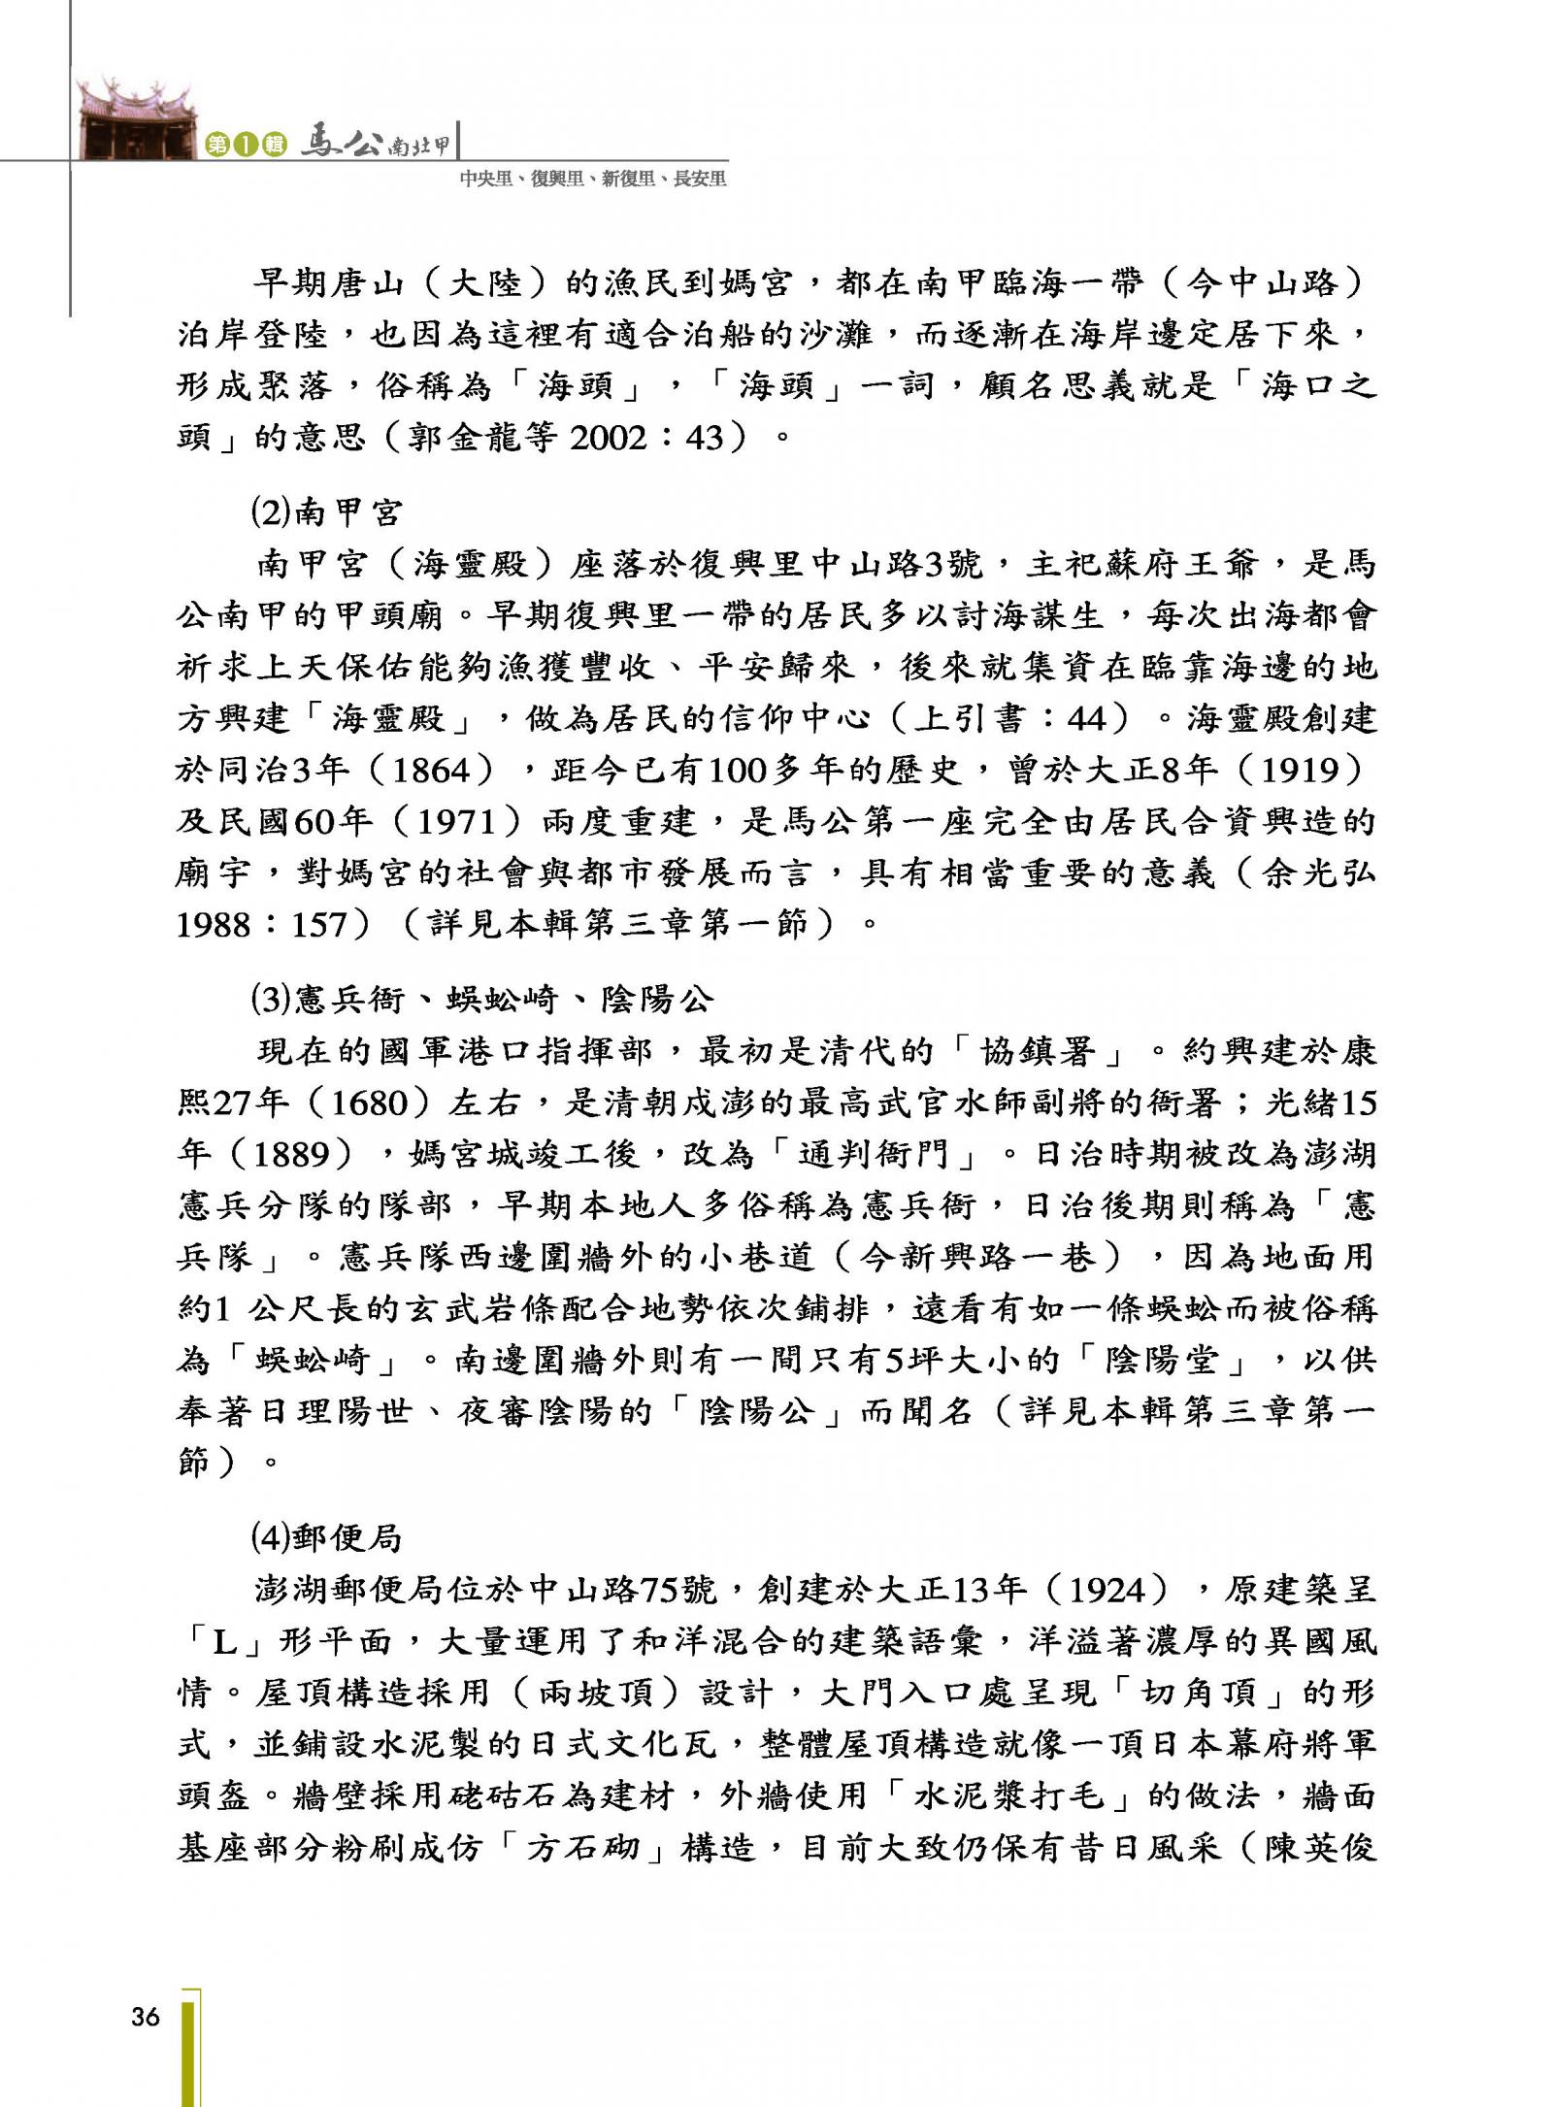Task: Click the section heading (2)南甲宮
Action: coord(325,512)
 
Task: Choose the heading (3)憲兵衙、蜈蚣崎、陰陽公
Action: coord(481,999)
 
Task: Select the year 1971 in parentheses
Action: coord(456,822)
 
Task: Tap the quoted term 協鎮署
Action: coord(1039,1051)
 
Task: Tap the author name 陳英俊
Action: coord(1320,1847)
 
